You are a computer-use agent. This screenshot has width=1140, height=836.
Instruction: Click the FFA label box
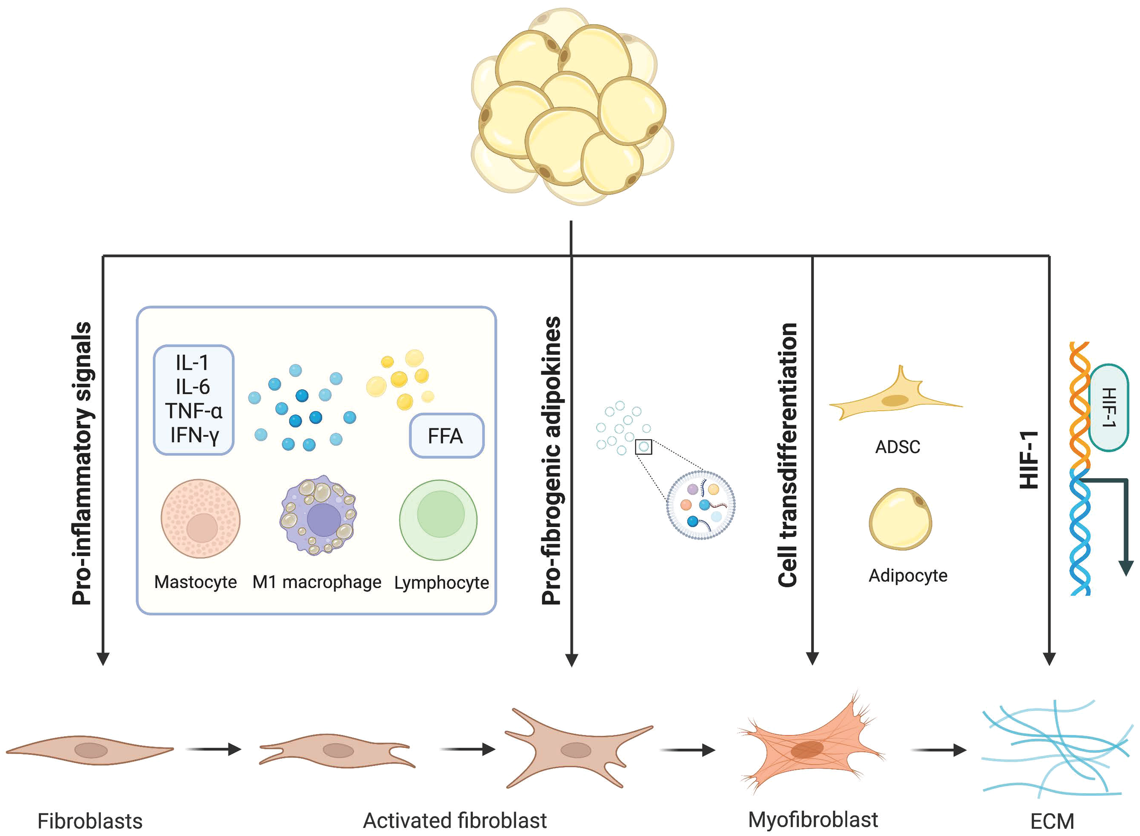click(x=446, y=436)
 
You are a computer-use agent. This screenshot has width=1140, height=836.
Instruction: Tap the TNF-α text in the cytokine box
click(x=193, y=411)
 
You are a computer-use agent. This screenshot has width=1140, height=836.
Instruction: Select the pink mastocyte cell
click(x=201, y=519)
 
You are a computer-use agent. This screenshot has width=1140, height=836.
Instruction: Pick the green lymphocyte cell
click(x=438, y=520)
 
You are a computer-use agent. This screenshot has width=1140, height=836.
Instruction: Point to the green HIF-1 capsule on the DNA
click(x=1108, y=408)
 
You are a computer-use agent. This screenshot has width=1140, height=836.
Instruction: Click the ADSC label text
click(x=897, y=447)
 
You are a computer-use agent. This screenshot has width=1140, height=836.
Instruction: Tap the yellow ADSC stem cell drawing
click(x=895, y=400)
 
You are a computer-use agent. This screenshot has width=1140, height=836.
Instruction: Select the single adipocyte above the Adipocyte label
click(x=900, y=519)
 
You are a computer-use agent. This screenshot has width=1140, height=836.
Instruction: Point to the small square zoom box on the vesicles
click(x=643, y=447)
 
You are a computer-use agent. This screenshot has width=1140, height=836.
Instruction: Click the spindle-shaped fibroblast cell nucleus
click(x=91, y=750)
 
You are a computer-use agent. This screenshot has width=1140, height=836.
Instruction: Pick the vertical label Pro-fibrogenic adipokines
click(x=551, y=460)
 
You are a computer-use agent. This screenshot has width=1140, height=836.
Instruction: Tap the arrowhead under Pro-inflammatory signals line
click(x=103, y=659)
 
